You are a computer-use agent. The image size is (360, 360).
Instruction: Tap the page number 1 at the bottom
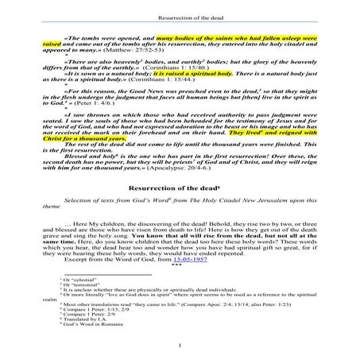[182, 344]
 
